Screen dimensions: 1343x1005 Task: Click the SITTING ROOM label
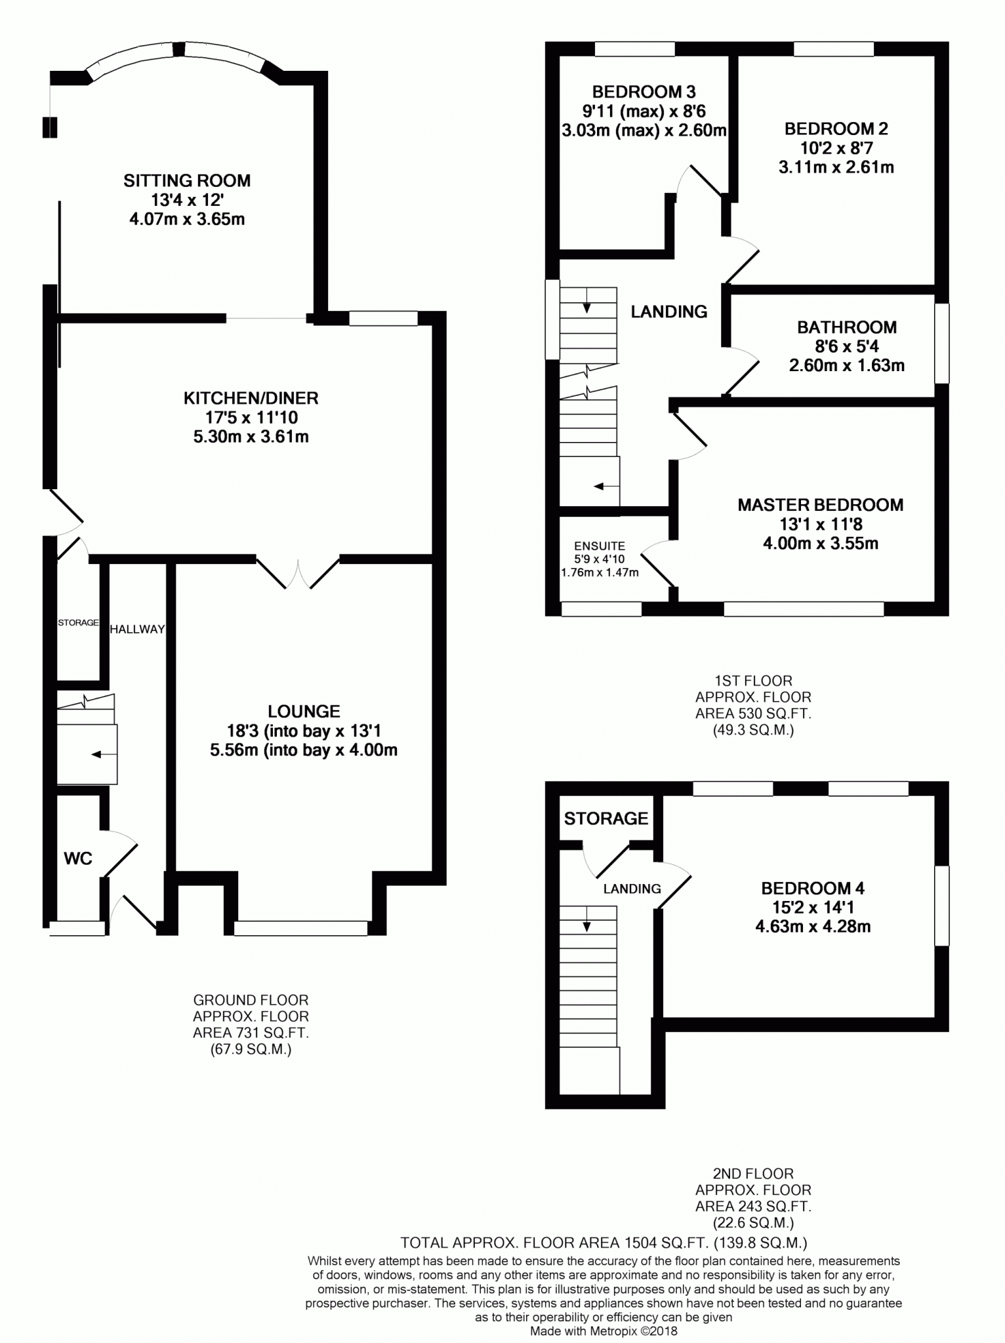[x=187, y=180]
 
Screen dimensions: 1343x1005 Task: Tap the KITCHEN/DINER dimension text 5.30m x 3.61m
[x=251, y=437]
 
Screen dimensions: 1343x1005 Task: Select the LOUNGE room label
[x=304, y=712]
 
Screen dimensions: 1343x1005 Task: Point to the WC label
[x=78, y=858]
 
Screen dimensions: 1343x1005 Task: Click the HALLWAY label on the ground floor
[x=137, y=630]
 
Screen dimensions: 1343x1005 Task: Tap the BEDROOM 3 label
[x=644, y=92]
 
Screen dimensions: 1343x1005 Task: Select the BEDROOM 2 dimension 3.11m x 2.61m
[x=836, y=167]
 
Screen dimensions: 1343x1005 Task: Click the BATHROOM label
[x=846, y=327]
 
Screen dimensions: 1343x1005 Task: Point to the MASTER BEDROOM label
[x=820, y=505]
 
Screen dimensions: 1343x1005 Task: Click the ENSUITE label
[x=600, y=546]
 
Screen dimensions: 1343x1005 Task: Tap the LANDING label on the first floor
[x=669, y=312]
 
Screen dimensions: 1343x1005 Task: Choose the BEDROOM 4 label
[x=812, y=889]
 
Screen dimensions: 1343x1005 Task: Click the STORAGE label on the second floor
[x=606, y=818]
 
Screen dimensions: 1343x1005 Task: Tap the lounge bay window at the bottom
[x=301, y=927]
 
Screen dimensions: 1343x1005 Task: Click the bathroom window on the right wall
[x=941, y=343]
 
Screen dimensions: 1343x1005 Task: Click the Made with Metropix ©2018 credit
[x=603, y=1332]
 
